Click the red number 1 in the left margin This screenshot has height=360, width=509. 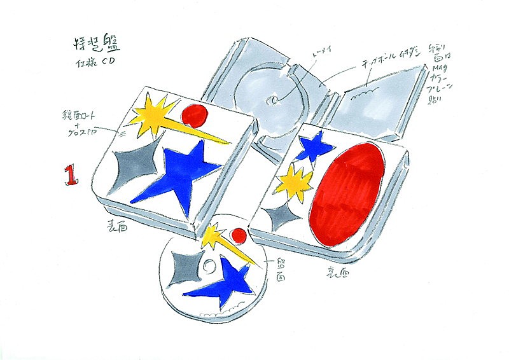(71, 175)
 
